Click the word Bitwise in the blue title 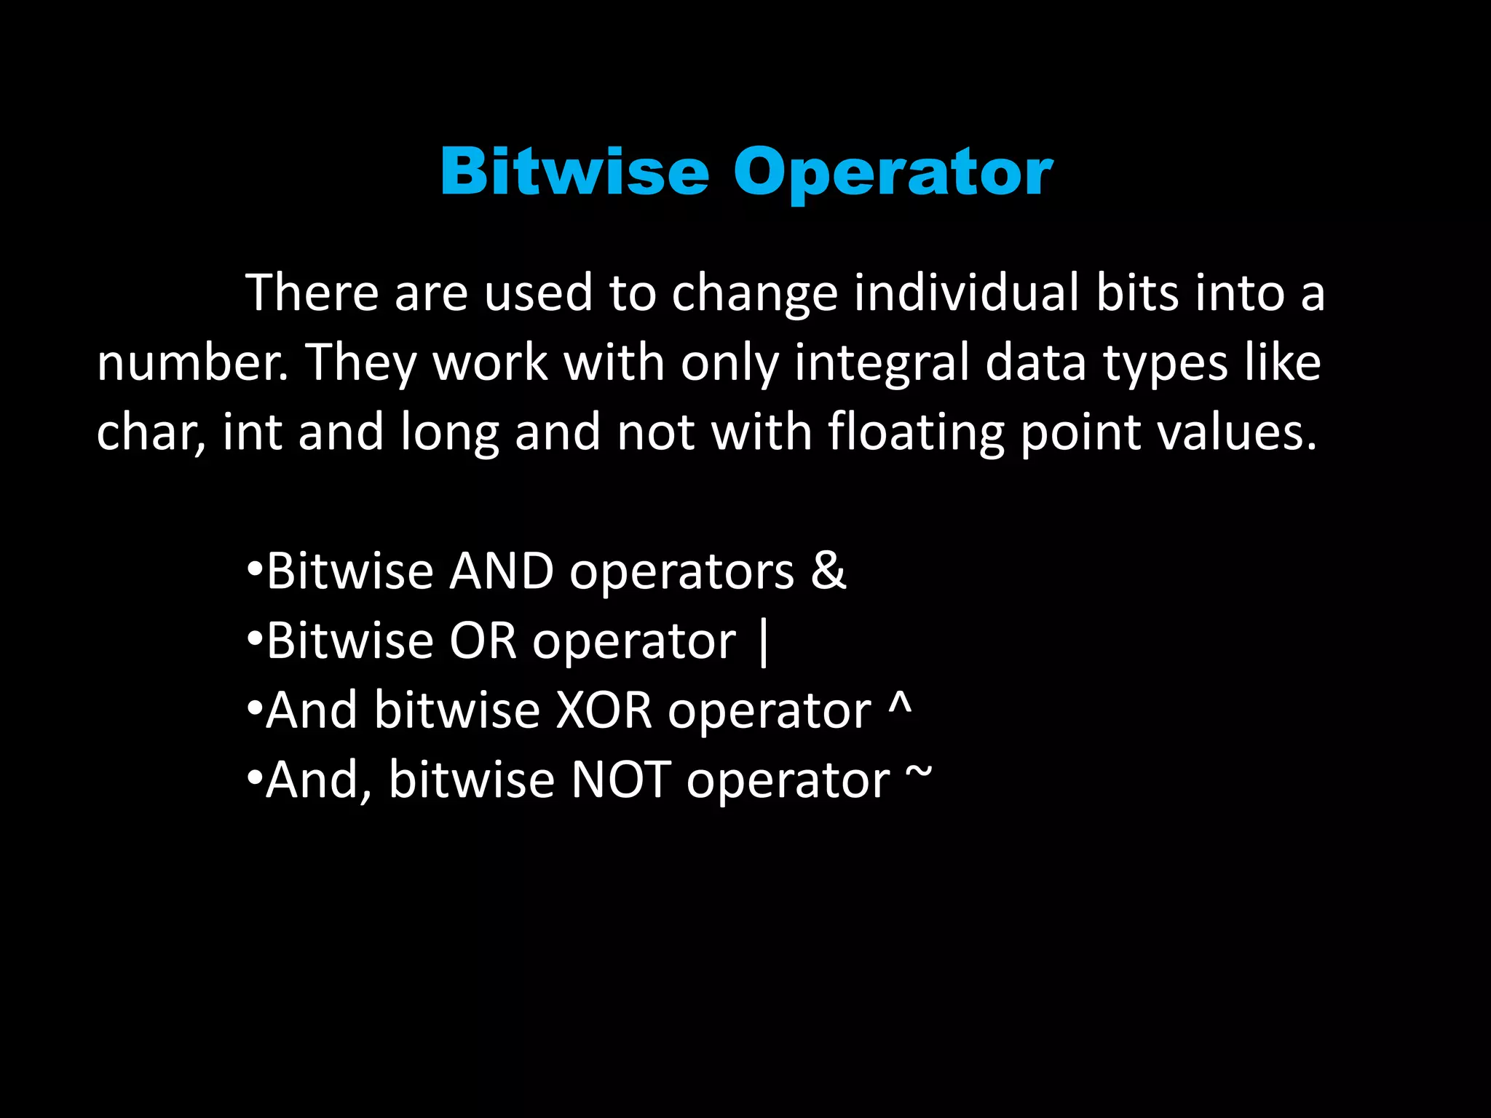click(x=574, y=172)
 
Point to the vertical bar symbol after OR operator click(x=762, y=642)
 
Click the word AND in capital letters click(x=502, y=571)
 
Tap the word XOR click(x=604, y=710)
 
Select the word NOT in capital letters click(x=621, y=780)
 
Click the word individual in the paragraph click(x=967, y=293)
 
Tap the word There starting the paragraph click(x=312, y=293)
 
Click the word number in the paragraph click(x=191, y=362)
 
